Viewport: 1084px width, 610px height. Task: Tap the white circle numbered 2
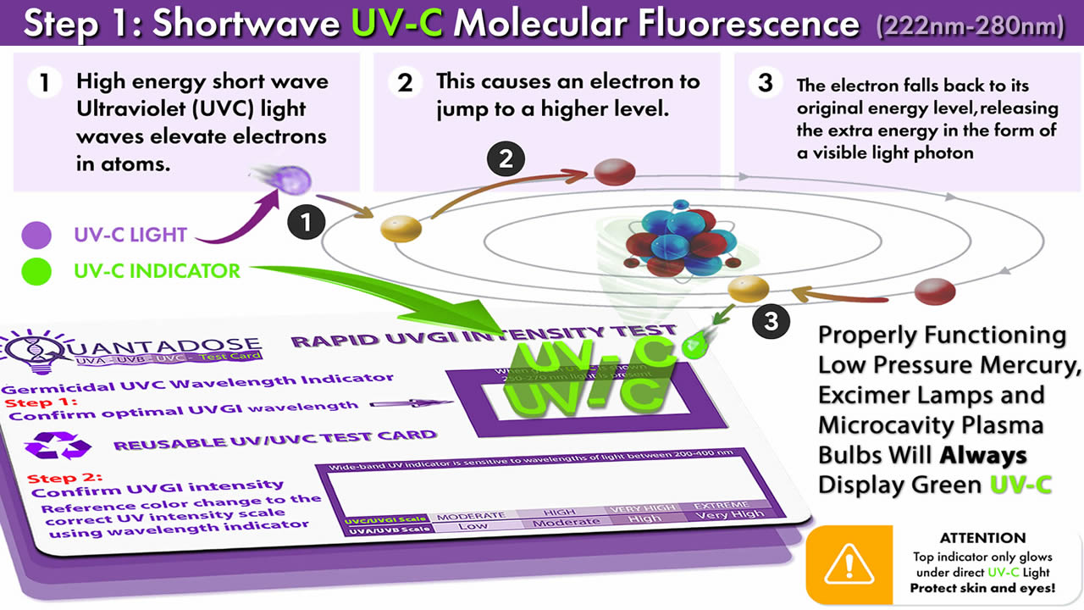(x=405, y=83)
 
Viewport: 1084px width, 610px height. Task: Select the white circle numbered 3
(x=766, y=83)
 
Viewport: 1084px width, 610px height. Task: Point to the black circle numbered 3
(x=771, y=320)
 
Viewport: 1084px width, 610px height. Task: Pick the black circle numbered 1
(x=306, y=222)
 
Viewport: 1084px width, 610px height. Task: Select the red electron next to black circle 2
(x=614, y=173)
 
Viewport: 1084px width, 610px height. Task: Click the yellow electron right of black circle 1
(x=401, y=229)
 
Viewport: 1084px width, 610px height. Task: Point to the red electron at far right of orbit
(x=934, y=291)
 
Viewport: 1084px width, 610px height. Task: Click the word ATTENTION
(x=982, y=538)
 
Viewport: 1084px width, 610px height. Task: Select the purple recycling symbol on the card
(x=57, y=444)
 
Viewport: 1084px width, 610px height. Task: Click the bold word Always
(x=983, y=455)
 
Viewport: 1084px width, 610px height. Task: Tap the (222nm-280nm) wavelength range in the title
(x=971, y=25)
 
